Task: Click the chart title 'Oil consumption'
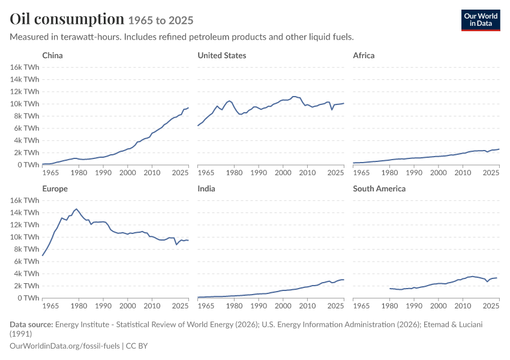point(67,19)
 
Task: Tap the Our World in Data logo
point(481,20)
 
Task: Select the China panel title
point(52,55)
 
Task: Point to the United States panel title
point(222,55)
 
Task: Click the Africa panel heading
point(364,55)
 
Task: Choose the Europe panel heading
point(55,188)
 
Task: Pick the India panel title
point(206,188)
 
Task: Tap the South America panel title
point(379,188)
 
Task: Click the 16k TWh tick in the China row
point(25,67)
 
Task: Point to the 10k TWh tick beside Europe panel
point(25,237)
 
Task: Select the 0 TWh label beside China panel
point(28,165)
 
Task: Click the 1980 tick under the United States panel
point(234,172)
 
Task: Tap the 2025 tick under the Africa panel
point(491,172)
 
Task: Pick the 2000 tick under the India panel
point(283,305)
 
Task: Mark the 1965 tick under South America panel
point(361,305)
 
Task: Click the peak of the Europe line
point(76,209)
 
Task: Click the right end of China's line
point(188,107)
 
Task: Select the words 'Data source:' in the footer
point(31,324)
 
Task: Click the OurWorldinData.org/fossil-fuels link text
point(65,346)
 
